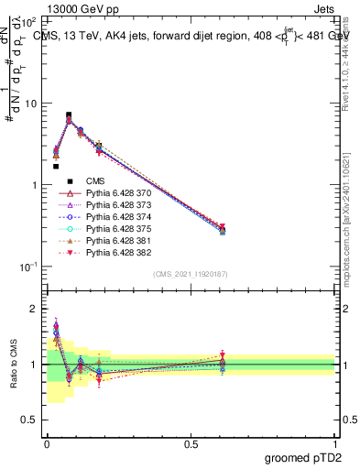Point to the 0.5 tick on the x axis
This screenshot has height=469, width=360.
point(191,443)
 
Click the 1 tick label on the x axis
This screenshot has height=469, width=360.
point(334,443)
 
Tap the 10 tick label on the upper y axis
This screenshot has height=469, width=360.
point(29,104)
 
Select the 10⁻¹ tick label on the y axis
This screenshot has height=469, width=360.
point(27,267)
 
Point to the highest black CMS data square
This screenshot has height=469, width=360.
point(69,115)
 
